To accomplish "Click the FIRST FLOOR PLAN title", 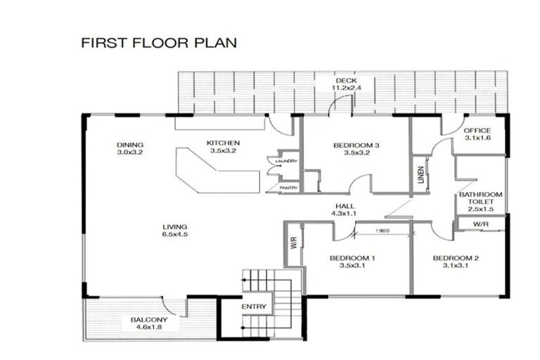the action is (159, 43).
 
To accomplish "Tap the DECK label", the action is (346, 81).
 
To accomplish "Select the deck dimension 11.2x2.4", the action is (346, 88).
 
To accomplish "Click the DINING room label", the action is (130, 145).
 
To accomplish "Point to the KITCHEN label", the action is (223, 143).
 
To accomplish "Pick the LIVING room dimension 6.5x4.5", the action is (175, 234).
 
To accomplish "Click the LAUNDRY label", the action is (286, 161).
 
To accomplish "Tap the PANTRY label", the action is (288, 188).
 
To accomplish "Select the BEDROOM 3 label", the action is (356, 146).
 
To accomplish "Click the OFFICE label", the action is (477, 131).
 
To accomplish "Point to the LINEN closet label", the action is (420, 174).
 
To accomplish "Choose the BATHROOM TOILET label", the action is (480, 198).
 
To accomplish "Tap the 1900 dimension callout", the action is (382, 231).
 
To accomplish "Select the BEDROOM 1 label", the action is (352, 258).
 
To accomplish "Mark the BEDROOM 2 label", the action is (456, 258).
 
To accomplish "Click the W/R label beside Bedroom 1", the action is (294, 243).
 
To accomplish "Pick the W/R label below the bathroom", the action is (480, 224).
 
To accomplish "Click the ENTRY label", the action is (254, 307).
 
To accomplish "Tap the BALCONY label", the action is (149, 320).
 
